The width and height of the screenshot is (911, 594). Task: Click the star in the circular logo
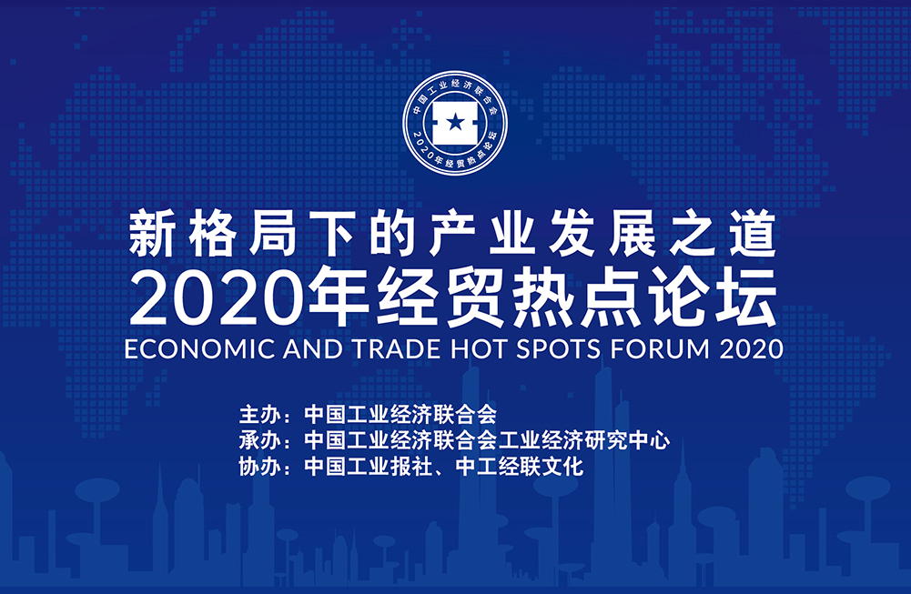pyautogui.click(x=455, y=123)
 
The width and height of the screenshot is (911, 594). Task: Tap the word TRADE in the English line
pyautogui.click(x=396, y=349)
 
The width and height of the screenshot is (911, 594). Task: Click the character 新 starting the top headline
pyautogui.click(x=151, y=234)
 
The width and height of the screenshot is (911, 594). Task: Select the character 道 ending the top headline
pyautogui.click(x=754, y=234)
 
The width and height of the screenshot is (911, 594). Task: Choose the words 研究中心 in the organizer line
pyautogui.click(x=627, y=440)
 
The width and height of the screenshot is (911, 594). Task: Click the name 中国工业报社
pyautogui.click(x=369, y=467)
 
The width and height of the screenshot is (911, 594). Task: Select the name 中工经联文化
pyautogui.click(x=520, y=467)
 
